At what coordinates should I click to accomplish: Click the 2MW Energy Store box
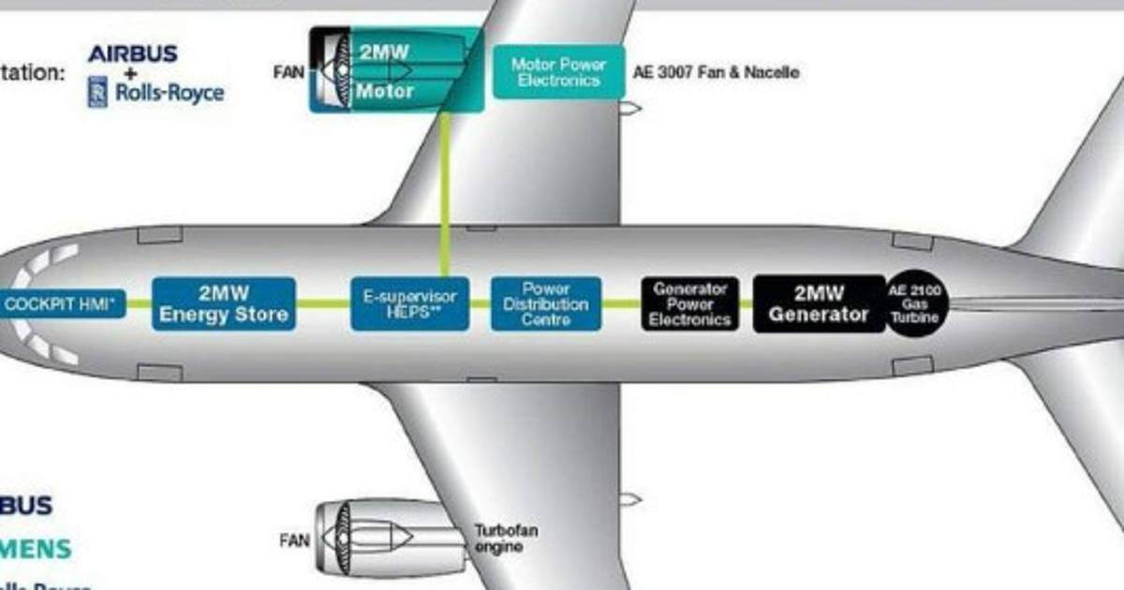(223, 303)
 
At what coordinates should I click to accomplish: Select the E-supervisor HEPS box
(409, 303)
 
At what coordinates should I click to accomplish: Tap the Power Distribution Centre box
(545, 303)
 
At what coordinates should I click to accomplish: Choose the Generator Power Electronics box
(690, 303)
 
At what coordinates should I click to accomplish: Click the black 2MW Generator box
(818, 303)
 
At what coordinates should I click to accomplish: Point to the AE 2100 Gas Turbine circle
(917, 303)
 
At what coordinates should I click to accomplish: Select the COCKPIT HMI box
(62, 303)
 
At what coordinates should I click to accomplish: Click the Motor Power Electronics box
(557, 72)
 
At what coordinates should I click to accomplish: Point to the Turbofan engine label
(506, 538)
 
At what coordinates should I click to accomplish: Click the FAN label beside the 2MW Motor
(288, 71)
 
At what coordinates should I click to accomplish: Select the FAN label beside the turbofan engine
(294, 540)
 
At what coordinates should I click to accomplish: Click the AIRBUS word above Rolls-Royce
(133, 54)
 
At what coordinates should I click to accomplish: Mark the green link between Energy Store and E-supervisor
(323, 303)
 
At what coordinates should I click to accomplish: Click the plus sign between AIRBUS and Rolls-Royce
(132, 72)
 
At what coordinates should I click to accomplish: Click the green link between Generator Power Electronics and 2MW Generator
(747, 303)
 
